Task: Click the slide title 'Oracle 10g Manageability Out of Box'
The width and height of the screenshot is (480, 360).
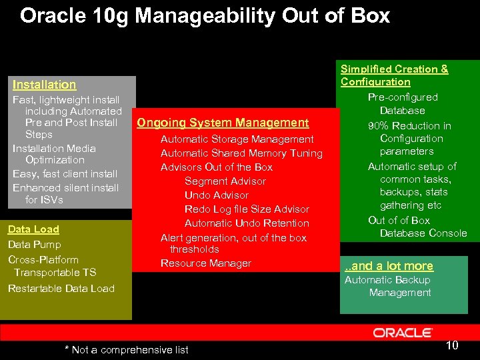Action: click(x=205, y=16)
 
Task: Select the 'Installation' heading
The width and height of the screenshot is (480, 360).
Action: click(x=44, y=85)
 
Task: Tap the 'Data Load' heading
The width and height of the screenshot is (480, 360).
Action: click(x=33, y=229)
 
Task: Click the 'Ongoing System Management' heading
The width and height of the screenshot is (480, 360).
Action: click(x=223, y=123)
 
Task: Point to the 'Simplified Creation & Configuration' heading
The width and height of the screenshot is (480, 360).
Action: click(x=394, y=75)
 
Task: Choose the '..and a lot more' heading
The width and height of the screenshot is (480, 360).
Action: click(x=389, y=266)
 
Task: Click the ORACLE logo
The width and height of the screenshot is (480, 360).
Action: click(x=403, y=332)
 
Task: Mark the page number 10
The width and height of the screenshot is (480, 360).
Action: click(x=452, y=345)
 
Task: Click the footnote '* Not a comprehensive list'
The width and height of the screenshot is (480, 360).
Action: click(x=126, y=349)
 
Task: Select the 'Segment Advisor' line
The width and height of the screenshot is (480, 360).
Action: click(x=225, y=181)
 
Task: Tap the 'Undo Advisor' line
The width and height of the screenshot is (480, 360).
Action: click(x=216, y=195)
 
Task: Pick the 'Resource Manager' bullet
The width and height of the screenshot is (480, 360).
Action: click(x=205, y=263)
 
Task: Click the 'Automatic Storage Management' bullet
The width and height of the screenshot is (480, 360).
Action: click(x=237, y=139)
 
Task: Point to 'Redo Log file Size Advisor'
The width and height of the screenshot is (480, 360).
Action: click(x=247, y=209)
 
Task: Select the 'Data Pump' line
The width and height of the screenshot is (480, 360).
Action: click(x=34, y=245)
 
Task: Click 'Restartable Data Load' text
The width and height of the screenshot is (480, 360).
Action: click(x=61, y=289)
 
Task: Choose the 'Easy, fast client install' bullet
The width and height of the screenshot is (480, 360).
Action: click(x=65, y=174)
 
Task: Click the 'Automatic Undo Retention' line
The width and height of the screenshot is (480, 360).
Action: click(x=247, y=223)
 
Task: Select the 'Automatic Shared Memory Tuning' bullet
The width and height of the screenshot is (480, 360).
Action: click(x=241, y=153)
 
